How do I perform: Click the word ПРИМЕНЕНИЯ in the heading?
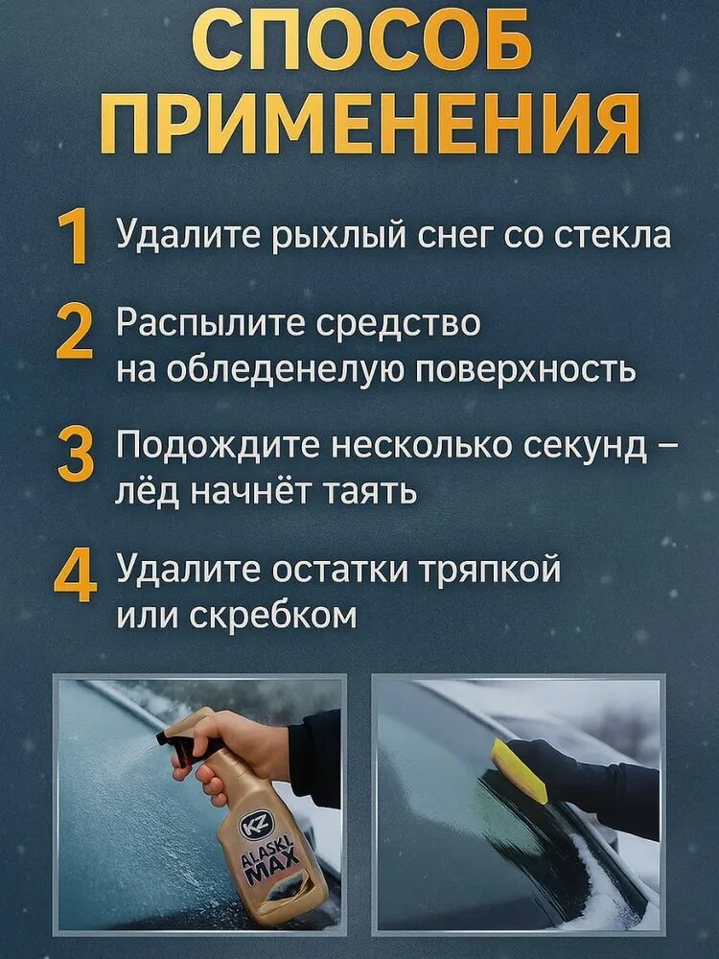pyautogui.click(x=369, y=124)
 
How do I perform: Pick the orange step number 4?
pyautogui.click(x=75, y=574)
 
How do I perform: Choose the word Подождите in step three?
pyautogui.click(x=219, y=448)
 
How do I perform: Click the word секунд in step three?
pyautogui.click(x=585, y=448)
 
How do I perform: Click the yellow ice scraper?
pyautogui.click(x=520, y=770)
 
